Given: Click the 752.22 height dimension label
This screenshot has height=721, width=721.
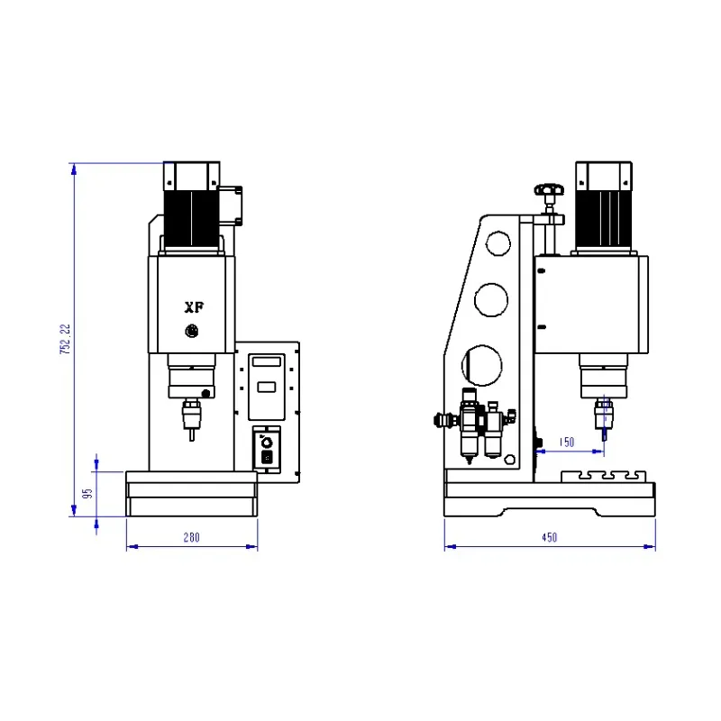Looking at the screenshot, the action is (66, 339).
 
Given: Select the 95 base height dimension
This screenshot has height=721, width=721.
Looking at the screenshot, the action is (87, 493).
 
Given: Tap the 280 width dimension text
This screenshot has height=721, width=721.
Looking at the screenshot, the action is (192, 537).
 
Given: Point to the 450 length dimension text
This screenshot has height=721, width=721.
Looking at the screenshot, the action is (550, 537).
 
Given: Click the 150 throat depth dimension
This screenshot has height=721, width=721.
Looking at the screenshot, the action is (567, 442).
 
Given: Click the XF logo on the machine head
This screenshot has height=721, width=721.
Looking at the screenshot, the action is (194, 307).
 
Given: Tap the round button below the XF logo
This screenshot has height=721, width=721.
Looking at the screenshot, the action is (192, 331).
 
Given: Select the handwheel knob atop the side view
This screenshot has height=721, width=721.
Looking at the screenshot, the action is (549, 189).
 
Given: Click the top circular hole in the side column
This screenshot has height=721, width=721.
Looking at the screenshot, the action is (498, 243).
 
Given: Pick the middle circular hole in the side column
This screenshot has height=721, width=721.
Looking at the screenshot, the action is (491, 300).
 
